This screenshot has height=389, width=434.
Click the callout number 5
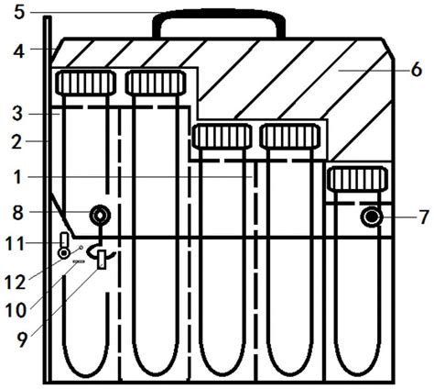click(x=19, y=13)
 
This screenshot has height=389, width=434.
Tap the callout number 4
click(x=19, y=51)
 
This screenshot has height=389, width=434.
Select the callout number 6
click(x=417, y=70)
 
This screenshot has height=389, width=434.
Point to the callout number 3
click(x=17, y=114)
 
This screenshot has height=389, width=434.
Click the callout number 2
click(x=17, y=141)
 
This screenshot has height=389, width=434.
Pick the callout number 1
click(x=17, y=177)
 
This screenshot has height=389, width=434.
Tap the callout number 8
click(x=17, y=212)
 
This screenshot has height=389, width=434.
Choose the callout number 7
click(x=424, y=217)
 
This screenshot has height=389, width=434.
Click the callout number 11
click(x=15, y=244)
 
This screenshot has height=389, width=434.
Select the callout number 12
click(x=15, y=282)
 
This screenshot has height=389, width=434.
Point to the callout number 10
click(x=16, y=310)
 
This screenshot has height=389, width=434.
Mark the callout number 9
click(x=21, y=339)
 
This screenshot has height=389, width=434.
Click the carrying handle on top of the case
click(x=219, y=14)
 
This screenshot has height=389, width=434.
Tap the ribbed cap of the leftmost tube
click(x=86, y=82)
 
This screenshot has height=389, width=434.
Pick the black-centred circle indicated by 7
click(x=372, y=217)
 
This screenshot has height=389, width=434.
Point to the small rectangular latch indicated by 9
click(x=102, y=260)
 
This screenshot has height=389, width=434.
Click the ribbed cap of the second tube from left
click(x=156, y=82)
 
